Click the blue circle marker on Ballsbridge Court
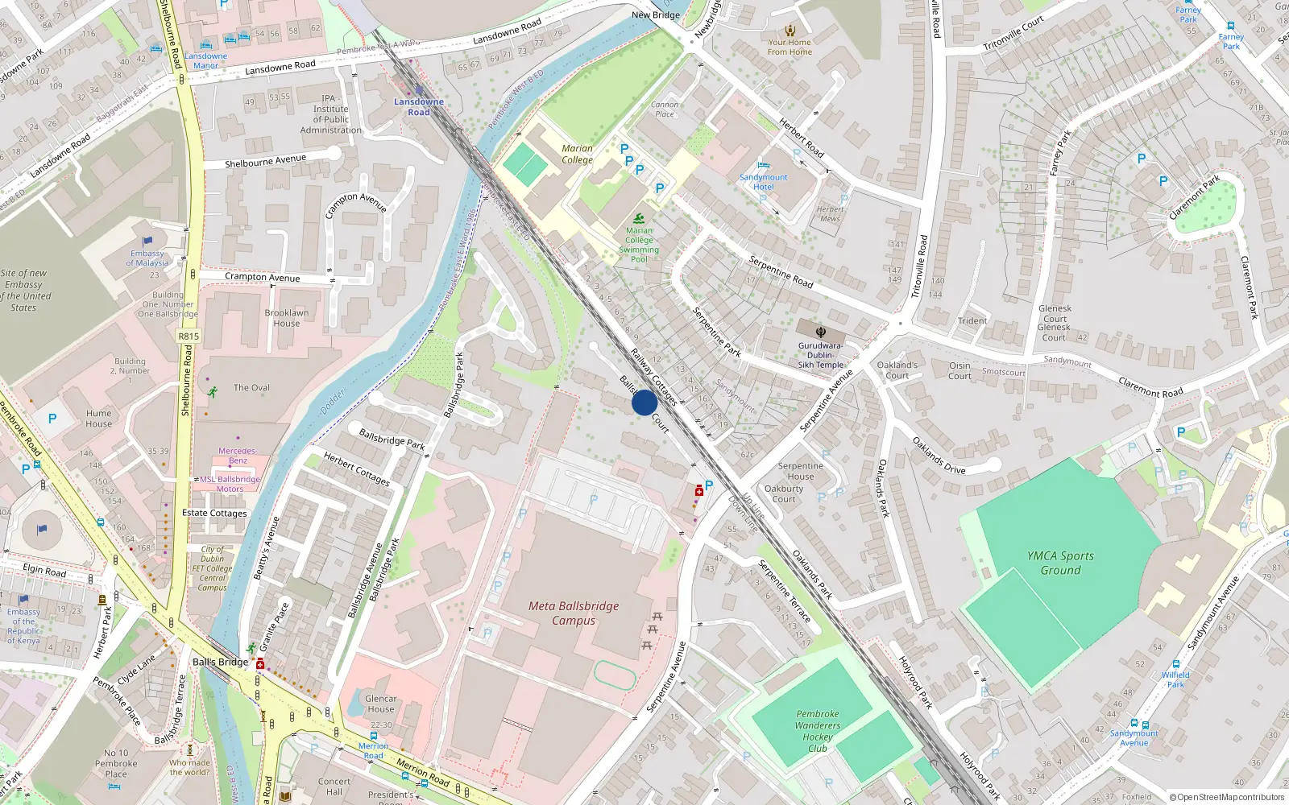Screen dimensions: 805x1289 [x=644, y=402]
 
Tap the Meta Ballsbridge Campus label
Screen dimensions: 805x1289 [x=574, y=613]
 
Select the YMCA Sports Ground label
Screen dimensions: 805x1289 [x=1060, y=563]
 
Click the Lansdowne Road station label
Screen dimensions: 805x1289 [x=418, y=107]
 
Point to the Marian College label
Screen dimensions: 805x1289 [x=577, y=154]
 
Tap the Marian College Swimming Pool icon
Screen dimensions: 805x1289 [x=639, y=218]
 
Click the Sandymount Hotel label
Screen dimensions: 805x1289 [x=763, y=182]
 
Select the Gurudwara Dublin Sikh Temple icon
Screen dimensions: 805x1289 [x=820, y=332]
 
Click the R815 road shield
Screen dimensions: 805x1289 [x=189, y=336]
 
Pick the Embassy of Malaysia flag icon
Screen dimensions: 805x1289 [x=147, y=241]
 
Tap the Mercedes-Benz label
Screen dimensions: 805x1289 [x=238, y=456]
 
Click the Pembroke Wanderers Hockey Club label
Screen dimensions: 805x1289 [x=817, y=731]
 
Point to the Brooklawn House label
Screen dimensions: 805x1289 [x=286, y=318]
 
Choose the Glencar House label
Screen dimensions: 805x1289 [x=380, y=704]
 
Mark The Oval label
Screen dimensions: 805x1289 [x=251, y=388]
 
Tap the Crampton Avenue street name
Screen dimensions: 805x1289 [x=262, y=277]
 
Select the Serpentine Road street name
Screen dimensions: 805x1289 [x=780, y=271]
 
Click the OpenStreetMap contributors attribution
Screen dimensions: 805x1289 [x=1226, y=797]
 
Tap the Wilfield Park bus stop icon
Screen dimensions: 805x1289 [x=1175, y=664]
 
